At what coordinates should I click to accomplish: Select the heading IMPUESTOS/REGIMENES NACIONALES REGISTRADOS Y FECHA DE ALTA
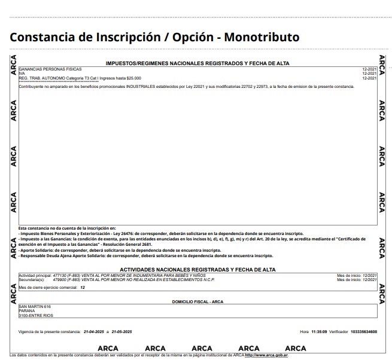(197, 63)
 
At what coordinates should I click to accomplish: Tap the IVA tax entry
(22, 74)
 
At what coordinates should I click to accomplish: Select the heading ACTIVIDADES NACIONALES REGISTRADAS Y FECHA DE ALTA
(197, 270)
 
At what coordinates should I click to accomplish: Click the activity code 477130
(60, 275)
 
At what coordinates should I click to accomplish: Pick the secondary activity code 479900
(60, 279)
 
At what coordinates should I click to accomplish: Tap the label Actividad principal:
(34, 275)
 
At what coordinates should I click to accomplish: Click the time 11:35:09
(319, 331)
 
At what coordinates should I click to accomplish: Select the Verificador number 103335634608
(364, 331)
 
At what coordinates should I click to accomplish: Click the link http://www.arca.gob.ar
(268, 355)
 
